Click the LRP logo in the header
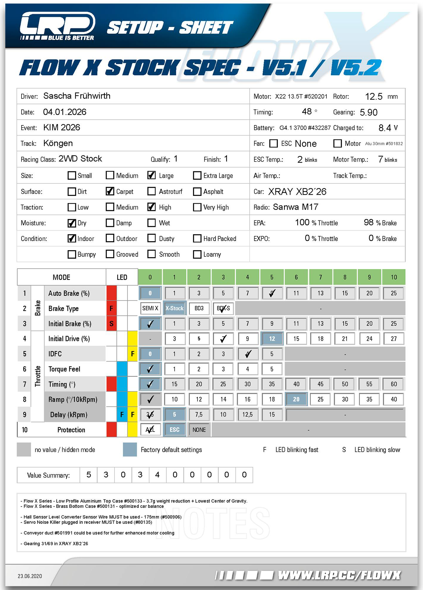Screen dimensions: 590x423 [57, 26]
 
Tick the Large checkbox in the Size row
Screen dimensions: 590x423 [151, 175]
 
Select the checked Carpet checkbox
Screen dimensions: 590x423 [110, 191]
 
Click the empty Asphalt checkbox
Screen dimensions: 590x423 [197, 191]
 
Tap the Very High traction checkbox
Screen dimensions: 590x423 [197, 207]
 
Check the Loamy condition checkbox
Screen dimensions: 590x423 [197, 254]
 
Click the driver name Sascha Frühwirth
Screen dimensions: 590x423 [77, 96]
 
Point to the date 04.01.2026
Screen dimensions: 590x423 [65, 112]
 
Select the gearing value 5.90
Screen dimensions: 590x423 [368, 112]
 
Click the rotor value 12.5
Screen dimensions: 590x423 [374, 96]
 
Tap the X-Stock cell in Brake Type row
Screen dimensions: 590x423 [174, 308]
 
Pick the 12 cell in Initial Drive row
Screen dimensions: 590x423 [272, 339]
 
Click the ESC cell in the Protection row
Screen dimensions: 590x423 [174, 430]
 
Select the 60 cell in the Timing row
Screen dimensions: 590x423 [393, 384]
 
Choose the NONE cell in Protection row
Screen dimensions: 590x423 [199, 430]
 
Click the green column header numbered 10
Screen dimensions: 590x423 [393, 277]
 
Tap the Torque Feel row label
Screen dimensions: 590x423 [64, 369]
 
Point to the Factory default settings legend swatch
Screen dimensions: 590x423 [130, 450]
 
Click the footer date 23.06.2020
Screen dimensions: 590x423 [30, 576]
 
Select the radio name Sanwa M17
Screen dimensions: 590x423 [295, 207]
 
